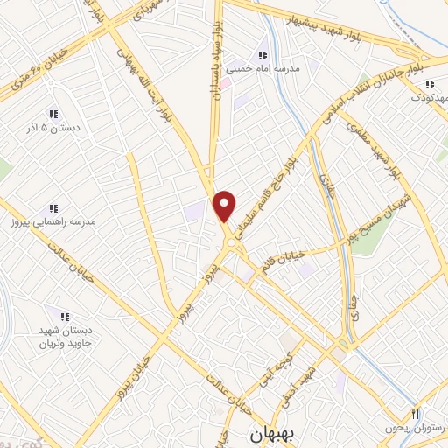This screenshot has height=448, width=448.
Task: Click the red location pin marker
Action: (225, 205)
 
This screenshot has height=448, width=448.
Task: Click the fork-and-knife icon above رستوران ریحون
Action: (416, 413)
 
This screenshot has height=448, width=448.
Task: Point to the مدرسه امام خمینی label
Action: (263, 67)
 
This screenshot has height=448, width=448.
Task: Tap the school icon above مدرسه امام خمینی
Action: (262, 54)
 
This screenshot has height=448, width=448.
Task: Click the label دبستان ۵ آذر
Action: (54, 128)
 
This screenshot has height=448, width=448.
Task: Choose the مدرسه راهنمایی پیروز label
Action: (54, 223)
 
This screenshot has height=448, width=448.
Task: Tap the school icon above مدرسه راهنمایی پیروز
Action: (53, 208)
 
